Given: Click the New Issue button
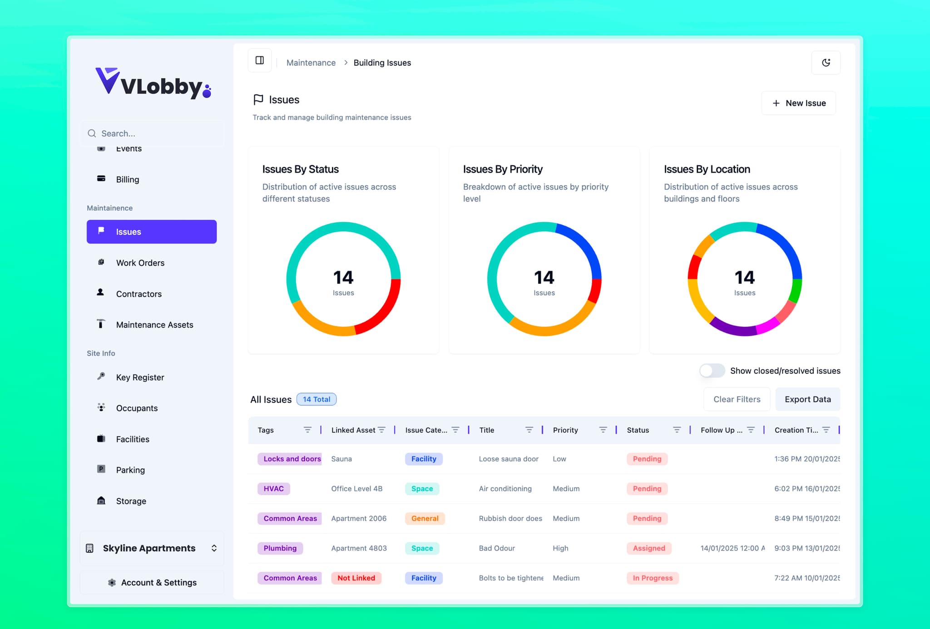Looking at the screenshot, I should click(798, 103).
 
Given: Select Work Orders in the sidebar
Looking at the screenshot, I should click(140, 263).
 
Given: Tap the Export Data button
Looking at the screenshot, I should click(807, 399).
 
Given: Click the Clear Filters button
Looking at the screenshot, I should click(737, 399).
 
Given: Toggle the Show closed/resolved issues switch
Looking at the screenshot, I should click(712, 371).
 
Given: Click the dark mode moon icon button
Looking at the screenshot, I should click(826, 63).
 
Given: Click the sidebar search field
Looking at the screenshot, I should click(154, 133).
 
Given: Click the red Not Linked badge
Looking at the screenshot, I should click(356, 578).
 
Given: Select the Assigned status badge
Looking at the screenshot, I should click(648, 548).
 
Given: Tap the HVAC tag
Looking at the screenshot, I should click(273, 489).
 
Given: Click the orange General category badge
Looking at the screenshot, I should click(425, 518).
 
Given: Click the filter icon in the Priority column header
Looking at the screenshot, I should click(603, 430).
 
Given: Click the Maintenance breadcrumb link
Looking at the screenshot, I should click(311, 63).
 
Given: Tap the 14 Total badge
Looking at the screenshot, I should click(316, 399).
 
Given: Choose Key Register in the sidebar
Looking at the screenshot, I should click(140, 377).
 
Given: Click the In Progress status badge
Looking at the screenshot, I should click(652, 578).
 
